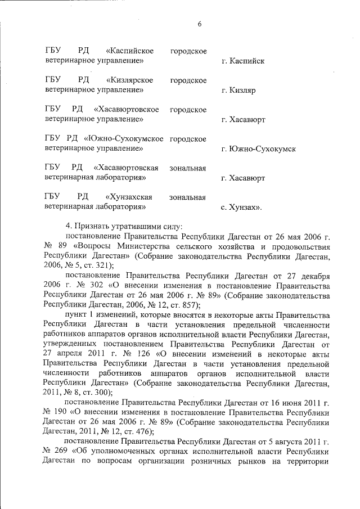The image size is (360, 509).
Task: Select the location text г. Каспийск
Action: point(243,61)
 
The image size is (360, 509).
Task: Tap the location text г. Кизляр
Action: point(239,90)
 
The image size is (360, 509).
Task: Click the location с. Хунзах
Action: point(242,208)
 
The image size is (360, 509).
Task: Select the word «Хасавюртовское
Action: point(127,110)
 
